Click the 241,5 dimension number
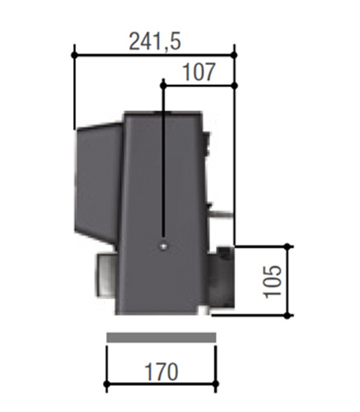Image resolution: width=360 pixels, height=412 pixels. [x=155, y=42]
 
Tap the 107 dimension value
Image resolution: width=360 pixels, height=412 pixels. [x=199, y=73]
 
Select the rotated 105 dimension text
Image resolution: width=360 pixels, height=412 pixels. [x=273, y=281]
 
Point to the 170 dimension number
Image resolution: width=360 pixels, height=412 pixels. [x=161, y=372]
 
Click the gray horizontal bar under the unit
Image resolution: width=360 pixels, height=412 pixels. [x=161, y=338]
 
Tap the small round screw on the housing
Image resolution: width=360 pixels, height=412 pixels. [x=163, y=246]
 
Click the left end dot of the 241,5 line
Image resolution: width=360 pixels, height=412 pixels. [x=74, y=55]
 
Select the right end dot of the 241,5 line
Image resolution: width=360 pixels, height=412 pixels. [x=234, y=55]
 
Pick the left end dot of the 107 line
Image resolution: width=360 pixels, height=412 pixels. [x=163, y=86]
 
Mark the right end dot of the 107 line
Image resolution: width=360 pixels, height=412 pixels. [x=235, y=86]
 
